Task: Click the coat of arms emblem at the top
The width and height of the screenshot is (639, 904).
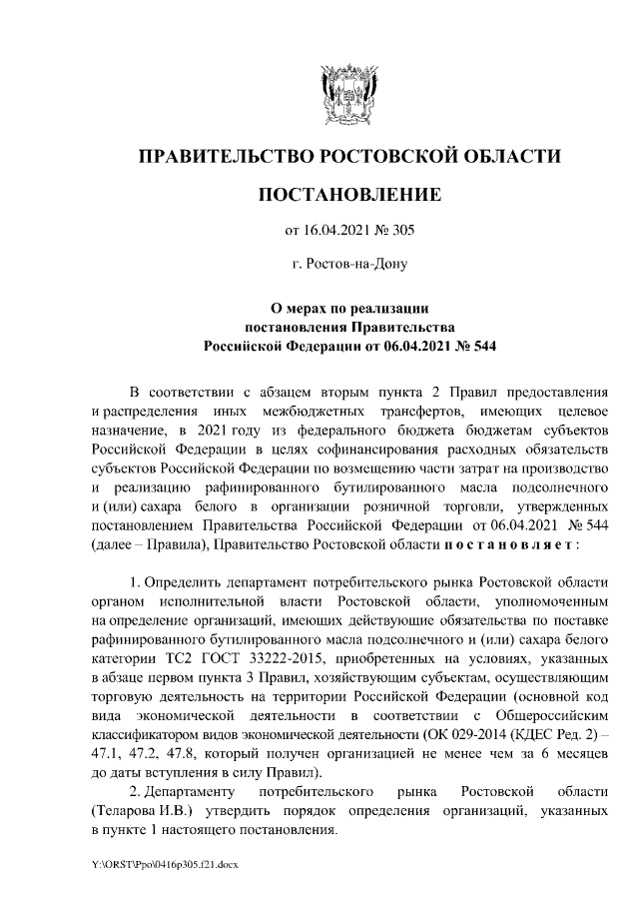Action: pos(348,90)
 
